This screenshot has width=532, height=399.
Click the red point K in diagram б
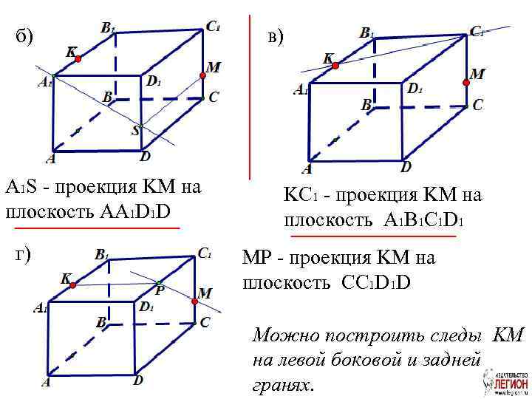point(78,58)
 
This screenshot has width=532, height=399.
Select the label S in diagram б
point(135,131)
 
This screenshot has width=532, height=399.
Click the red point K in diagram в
point(334,66)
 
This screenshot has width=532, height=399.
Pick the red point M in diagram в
point(465,83)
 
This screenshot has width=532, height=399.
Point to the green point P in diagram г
point(158,283)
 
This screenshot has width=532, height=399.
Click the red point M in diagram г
point(196,301)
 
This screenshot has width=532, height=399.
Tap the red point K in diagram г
point(72,285)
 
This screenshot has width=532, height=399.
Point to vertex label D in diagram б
point(146,157)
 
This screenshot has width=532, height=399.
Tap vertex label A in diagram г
point(46,382)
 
